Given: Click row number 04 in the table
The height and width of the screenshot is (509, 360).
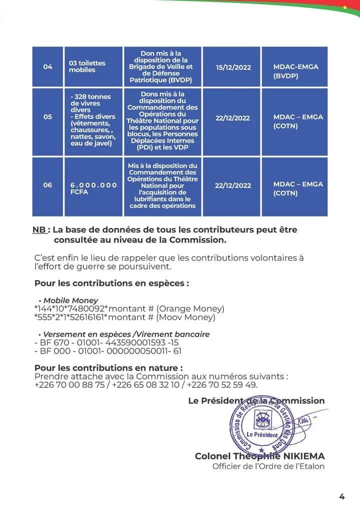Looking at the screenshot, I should point(47,67).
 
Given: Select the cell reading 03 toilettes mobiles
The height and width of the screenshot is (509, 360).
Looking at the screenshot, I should point(88,67).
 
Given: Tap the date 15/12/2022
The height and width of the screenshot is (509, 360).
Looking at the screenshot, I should point(233,67).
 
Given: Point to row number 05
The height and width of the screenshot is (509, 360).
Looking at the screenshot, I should point(47,117).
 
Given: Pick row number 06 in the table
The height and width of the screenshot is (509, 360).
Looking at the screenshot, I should point(47,185).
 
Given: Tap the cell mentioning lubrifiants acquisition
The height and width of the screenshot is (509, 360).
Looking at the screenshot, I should point(163,185).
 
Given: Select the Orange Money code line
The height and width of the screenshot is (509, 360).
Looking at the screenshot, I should point(129,308).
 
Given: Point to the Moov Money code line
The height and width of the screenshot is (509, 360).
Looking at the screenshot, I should point(124,317).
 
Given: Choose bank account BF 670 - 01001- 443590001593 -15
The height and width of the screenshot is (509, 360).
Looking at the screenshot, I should point(106,343).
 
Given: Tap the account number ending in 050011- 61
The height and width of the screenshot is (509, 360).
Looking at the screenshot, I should point(107,351).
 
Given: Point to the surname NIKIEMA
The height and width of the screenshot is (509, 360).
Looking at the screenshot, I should point(298,456).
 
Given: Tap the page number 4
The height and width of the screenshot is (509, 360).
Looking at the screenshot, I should point(342,496).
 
